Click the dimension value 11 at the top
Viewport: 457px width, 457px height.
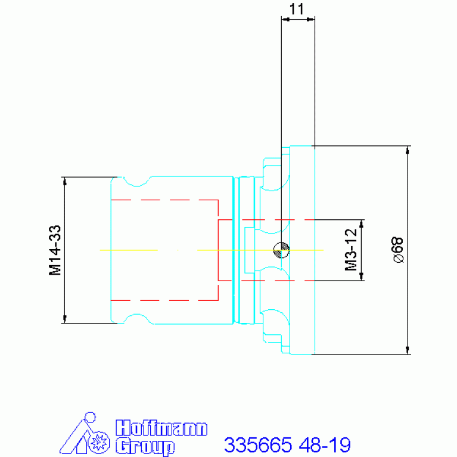[x=297, y=9]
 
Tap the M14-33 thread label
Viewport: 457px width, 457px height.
[x=55, y=250]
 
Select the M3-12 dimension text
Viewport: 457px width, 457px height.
[x=351, y=250]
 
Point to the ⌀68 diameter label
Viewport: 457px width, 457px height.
[x=398, y=250]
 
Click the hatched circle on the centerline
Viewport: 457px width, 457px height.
[x=281, y=250]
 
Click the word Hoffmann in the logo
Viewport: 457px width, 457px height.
[x=161, y=428]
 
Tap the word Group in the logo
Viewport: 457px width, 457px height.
[x=145, y=446]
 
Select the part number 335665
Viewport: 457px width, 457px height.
[x=258, y=444]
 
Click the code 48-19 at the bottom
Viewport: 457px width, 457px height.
[x=325, y=444]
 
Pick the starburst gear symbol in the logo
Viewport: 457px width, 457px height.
[x=99, y=443]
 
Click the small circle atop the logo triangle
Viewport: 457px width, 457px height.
[x=90, y=417]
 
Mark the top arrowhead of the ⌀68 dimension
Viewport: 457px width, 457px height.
[x=408, y=150]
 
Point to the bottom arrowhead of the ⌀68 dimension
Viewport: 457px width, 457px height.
[x=408, y=350]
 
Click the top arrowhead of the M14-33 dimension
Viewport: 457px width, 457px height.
[x=65, y=181]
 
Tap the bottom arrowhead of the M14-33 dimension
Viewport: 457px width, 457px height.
[x=65, y=319]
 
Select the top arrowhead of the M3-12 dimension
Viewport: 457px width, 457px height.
[x=362, y=224]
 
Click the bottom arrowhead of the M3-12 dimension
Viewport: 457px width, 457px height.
[x=362, y=276]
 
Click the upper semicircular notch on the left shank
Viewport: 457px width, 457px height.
[x=136, y=185]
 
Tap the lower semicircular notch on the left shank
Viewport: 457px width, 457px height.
[x=136, y=315]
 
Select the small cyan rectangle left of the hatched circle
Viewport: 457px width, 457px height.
[x=250, y=250]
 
